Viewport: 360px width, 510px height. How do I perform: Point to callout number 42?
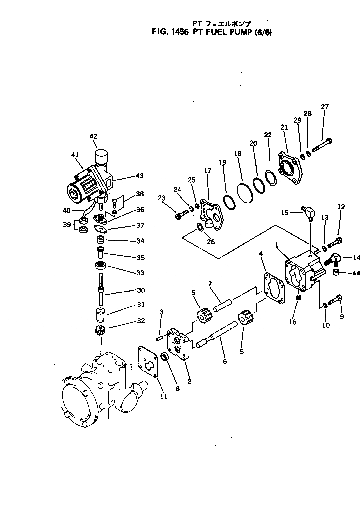pos(94,136)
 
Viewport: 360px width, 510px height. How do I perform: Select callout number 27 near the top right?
pos(325,107)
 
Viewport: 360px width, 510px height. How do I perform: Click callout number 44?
pos(355,273)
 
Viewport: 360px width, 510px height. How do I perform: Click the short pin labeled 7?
pos(222,302)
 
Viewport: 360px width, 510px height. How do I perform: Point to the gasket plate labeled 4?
pos(274,289)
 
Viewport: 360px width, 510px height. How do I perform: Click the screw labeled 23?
pos(180,215)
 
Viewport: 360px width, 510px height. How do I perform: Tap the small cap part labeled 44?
pos(337,273)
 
